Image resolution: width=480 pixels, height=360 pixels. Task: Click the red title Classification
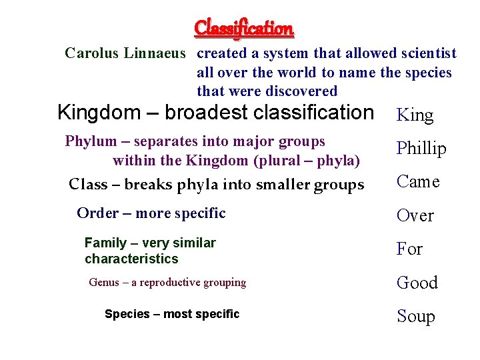pos(243,28)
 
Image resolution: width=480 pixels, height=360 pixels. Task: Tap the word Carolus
pos(92,53)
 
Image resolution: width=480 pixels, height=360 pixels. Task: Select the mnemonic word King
pos(415,115)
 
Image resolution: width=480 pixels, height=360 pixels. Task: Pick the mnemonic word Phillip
pos(421,149)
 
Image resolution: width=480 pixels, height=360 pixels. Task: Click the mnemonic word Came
pos(418,181)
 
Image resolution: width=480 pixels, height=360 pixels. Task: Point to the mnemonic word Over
pos(415,215)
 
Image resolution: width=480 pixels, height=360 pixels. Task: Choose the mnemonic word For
pos(409,249)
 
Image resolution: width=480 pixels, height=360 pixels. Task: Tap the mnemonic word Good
pos(417,283)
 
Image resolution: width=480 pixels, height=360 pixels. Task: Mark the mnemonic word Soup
pos(415,316)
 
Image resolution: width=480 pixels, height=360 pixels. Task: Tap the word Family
pos(105,243)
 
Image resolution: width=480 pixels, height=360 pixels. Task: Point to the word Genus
pos(103,283)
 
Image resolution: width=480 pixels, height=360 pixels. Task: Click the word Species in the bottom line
pos(127,314)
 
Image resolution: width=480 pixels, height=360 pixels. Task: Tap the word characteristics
pos(131,259)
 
